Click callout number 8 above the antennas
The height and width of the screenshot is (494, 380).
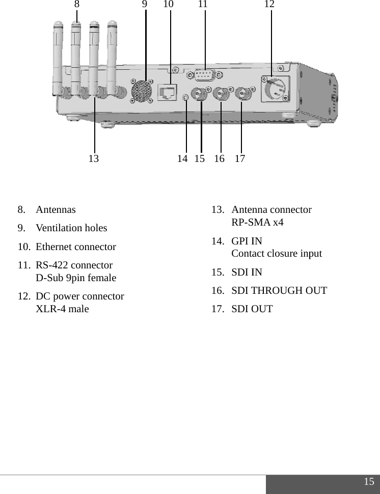[x=77, y=5]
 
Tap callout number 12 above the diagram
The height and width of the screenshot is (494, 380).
[x=269, y=5]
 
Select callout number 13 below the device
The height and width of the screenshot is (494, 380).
[x=94, y=159]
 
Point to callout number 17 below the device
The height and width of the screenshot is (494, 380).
[x=240, y=159]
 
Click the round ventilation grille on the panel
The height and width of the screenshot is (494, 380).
[x=142, y=91]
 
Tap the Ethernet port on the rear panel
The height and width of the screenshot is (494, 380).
[x=167, y=92]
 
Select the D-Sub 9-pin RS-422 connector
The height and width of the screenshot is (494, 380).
[x=204, y=75]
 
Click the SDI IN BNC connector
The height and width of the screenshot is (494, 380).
[x=199, y=94]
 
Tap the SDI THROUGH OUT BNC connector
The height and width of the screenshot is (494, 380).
[x=222, y=94]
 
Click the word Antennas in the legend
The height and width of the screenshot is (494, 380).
[x=56, y=210]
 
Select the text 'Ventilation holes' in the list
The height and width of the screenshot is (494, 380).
[x=71, y=228]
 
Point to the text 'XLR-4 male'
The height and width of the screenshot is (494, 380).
[x=62, y=309]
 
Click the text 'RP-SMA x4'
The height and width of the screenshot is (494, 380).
[x=257, y=223]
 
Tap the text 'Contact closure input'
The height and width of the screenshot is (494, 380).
[x=277, y=254]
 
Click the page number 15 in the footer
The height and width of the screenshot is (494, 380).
[x=369, y=482]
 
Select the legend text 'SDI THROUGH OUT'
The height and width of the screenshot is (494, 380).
[x=279, y=291]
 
